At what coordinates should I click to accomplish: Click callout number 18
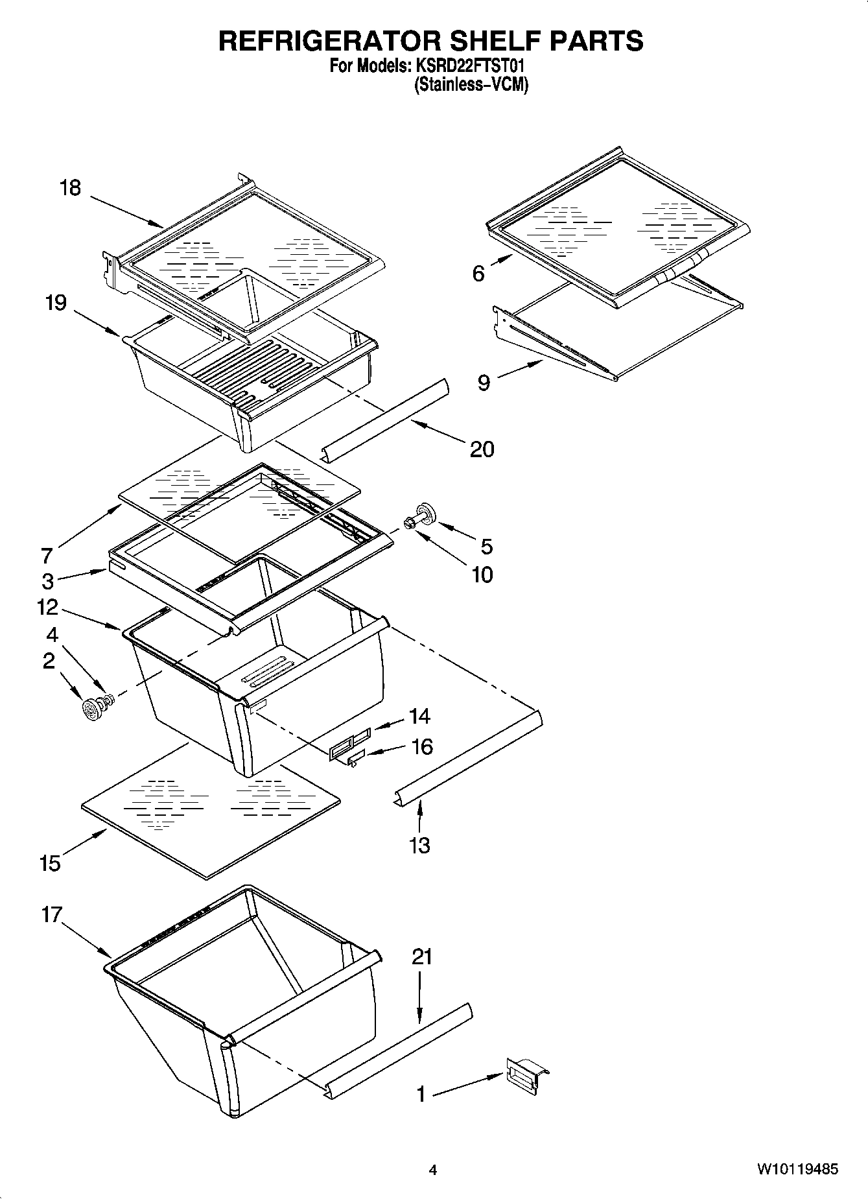(70, 188)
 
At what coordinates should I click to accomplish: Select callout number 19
(56, 303)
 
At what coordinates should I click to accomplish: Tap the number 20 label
(482, 449)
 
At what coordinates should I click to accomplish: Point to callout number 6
(478, 274)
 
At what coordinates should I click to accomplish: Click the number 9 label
(484, 383)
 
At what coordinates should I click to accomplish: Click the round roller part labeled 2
(93, 709)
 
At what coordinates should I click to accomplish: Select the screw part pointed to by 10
(410, 522)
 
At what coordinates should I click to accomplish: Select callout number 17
(51, 915)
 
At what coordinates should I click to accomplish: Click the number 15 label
(50, 864)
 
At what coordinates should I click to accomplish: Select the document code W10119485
(797, 1170)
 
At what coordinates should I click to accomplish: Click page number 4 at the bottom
(433, 1170)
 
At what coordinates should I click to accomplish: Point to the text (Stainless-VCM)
(471, 84)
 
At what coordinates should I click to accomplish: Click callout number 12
(47, 608)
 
